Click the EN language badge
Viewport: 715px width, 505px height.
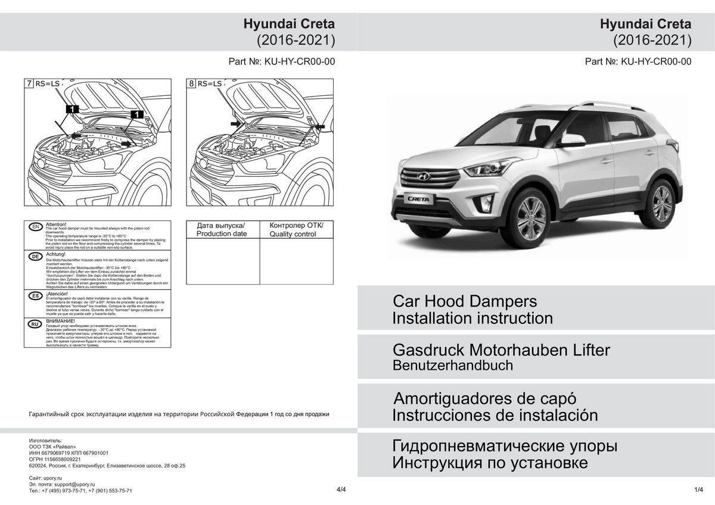click(35, 227)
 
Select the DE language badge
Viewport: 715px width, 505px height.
click(35, 256)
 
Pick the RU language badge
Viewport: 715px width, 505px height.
click(35, 325)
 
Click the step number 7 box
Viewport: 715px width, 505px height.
click(29, 84)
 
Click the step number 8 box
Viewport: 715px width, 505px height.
click(191, 84)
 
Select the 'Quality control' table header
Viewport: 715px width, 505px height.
click(296, 230)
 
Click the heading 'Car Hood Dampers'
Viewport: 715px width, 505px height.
click(464, 301)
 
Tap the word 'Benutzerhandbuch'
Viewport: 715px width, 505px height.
click(452, 366)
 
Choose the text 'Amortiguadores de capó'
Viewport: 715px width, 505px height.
click(486, 398)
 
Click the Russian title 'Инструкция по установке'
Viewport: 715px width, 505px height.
click(490, 463)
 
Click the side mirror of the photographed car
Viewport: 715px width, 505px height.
click(571, 141)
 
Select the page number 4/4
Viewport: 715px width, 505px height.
click(341, 490)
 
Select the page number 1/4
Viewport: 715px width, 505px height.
click(699, 490)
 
